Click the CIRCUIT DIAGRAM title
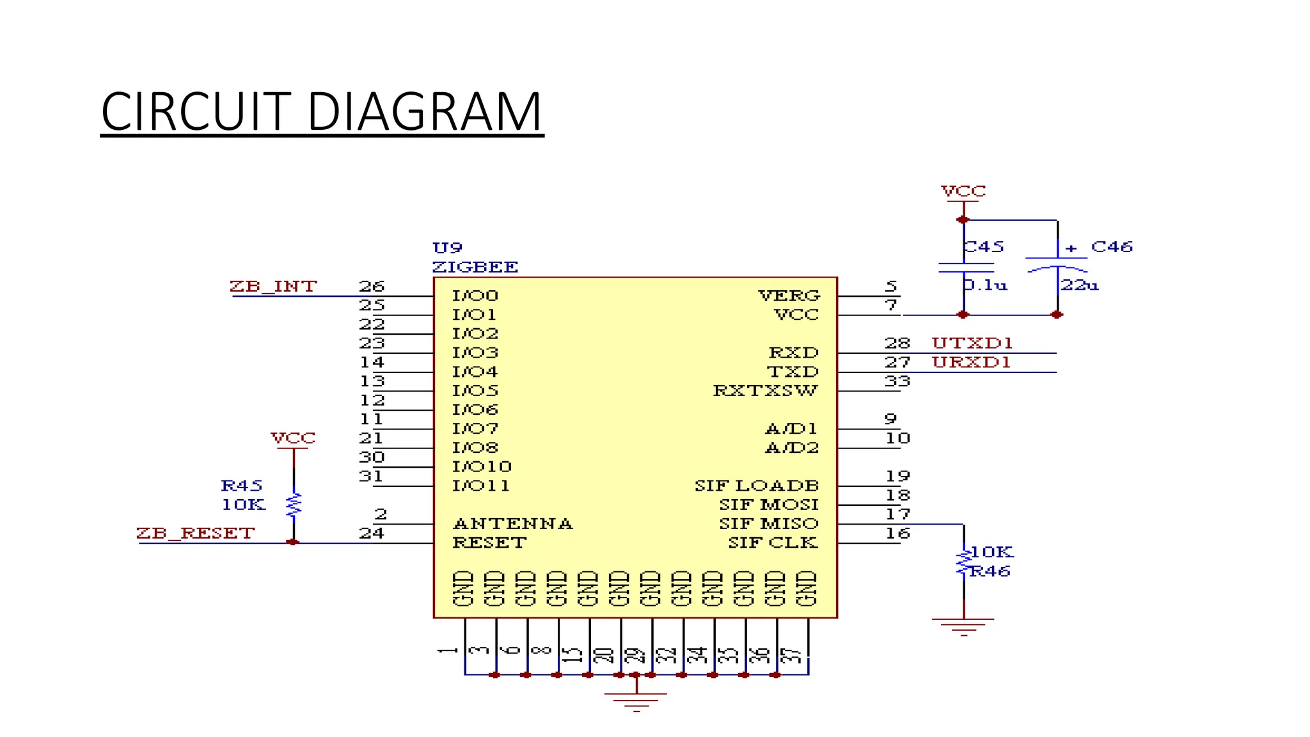pyautogui.click(x=322, y=111)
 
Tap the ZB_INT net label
pyautogui.click(x=273, y=286)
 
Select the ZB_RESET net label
pyautogui.click(x=196, y=533)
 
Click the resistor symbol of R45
pyautogui.click(x=294, y=505)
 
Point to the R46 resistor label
pyautogui.click(x=990, y=571)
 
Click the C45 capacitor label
pyautogui.click(x=984, y=247)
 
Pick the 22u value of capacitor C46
pyautogui.click(x=1080, y=285)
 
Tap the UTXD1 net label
pyautogui.click(x=972, y=344)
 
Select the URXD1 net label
pyautogui.click(x=971, y=363)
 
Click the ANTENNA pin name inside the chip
pyautogui.click(x=512, y=524)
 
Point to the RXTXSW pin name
pyautogui.click(x=765, y=391)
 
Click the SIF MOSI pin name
pyautogui.click(x=768, y=505)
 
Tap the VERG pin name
pyautogui.click(x=789, y=296)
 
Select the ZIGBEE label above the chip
pyautogui.click(x=475, y=267)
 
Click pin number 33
pyautogui.click(x=897, y=381)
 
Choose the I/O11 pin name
pyautogui.click(x=481, y=486)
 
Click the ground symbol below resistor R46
pyautogui.click(x=963, y=626)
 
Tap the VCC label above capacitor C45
pyautogui.click(x=963, y=191)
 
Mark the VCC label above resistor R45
pyautogui.click(x=293, y=438)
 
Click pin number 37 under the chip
pyautogui.click(x=791, y=656)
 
